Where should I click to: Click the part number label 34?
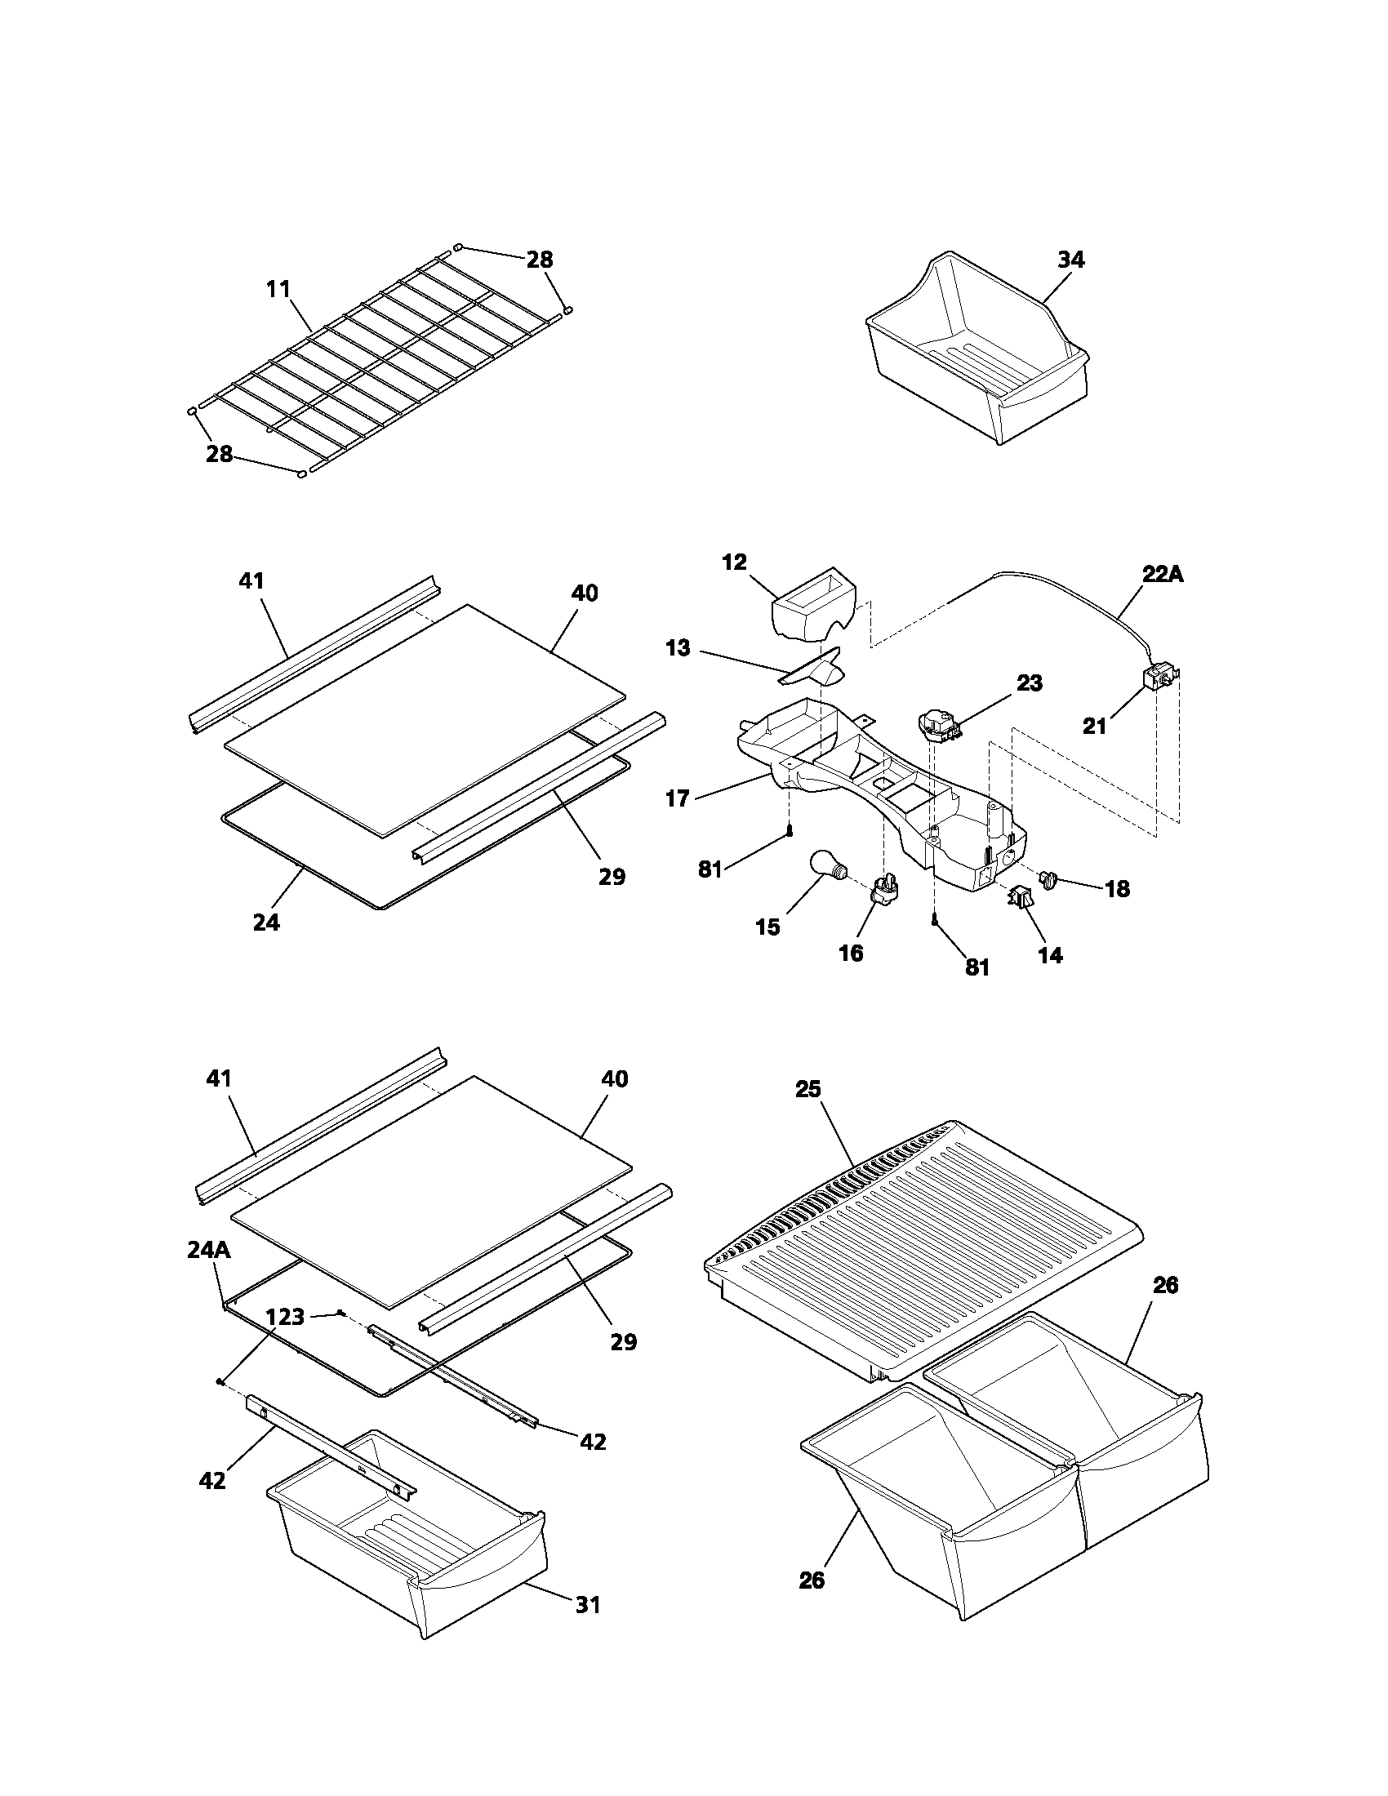tap(1070, 260)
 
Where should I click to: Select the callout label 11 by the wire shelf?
tap(278, 290)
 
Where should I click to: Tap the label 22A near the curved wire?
tap(1162, 575)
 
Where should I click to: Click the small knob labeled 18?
tap(1050, 882)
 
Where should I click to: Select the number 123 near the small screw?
tap(285, 1317)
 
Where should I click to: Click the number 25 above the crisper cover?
tap(807, 1090)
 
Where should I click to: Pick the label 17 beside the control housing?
tap(677, 798)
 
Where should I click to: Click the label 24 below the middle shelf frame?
tap(265, 922)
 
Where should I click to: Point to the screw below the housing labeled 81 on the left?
tap(789, 830)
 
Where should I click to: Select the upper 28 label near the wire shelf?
tap(540, 260)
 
